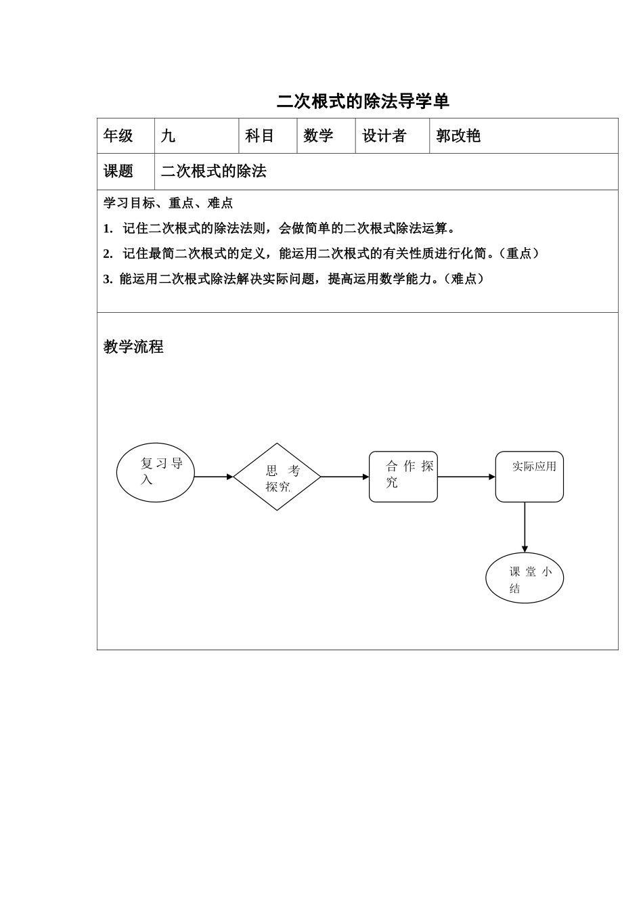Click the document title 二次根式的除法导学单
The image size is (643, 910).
click(x=363, y=102)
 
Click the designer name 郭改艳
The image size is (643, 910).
click(x=458, y=136)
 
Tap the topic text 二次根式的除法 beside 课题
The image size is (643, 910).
click(x=214, y=171)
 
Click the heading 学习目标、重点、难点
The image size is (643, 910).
click(x=168, y=203)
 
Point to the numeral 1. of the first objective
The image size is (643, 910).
click(x=108, y=229)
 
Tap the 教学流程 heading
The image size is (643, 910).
click(x=133, y=347)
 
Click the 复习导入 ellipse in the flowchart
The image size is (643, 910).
click(x=156, y=473)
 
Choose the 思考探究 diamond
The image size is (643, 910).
click(x=277, y=477)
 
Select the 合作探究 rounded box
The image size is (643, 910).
click(x=403, y=477)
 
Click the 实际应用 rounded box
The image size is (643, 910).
click(x=529, y=477)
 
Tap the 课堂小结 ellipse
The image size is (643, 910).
click(x=525, y=578)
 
